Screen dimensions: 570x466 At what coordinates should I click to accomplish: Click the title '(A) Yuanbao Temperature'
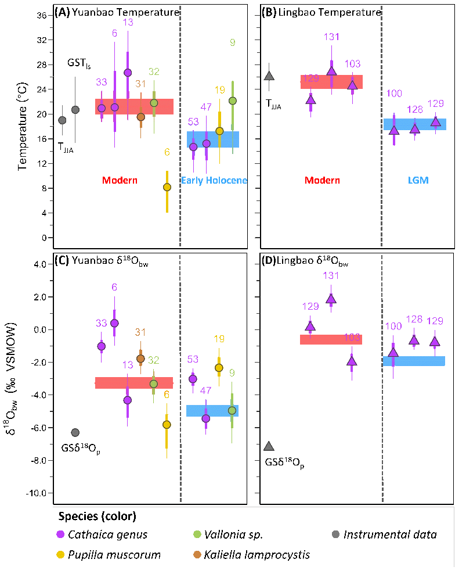click(116, 12)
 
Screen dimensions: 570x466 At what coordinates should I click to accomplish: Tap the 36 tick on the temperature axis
click(42, 16)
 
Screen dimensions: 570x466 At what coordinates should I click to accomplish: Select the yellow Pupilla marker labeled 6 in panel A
click(167, 187)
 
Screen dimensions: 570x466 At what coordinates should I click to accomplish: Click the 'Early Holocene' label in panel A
click(214, 181)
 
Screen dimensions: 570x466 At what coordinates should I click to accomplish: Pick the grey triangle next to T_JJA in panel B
click(269, 76)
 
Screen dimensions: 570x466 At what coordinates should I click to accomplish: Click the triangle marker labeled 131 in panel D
click(331, 299)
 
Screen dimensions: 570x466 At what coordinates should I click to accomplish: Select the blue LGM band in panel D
click(414, 361)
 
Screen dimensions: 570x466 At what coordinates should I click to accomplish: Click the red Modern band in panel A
click(134, 106)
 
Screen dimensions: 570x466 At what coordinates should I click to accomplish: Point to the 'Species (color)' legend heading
click(97, 516)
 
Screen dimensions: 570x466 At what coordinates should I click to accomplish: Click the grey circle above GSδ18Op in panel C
click(75, 432)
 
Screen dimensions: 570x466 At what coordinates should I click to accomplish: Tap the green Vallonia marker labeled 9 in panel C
click(232, 410)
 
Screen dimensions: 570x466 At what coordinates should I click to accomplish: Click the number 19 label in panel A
click(220, 90)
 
